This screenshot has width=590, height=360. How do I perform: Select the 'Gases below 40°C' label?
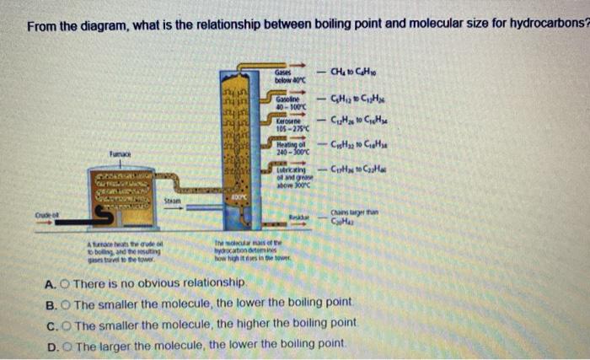pyautogui.click(x=275, y=78)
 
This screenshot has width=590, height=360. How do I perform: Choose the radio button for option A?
pyautogui.click(x=62, y=284)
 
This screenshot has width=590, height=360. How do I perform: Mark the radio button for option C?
pyautogui.click(x=62, y=324)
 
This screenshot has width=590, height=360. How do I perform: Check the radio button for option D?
pyautogui.click(x=63, y=344)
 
